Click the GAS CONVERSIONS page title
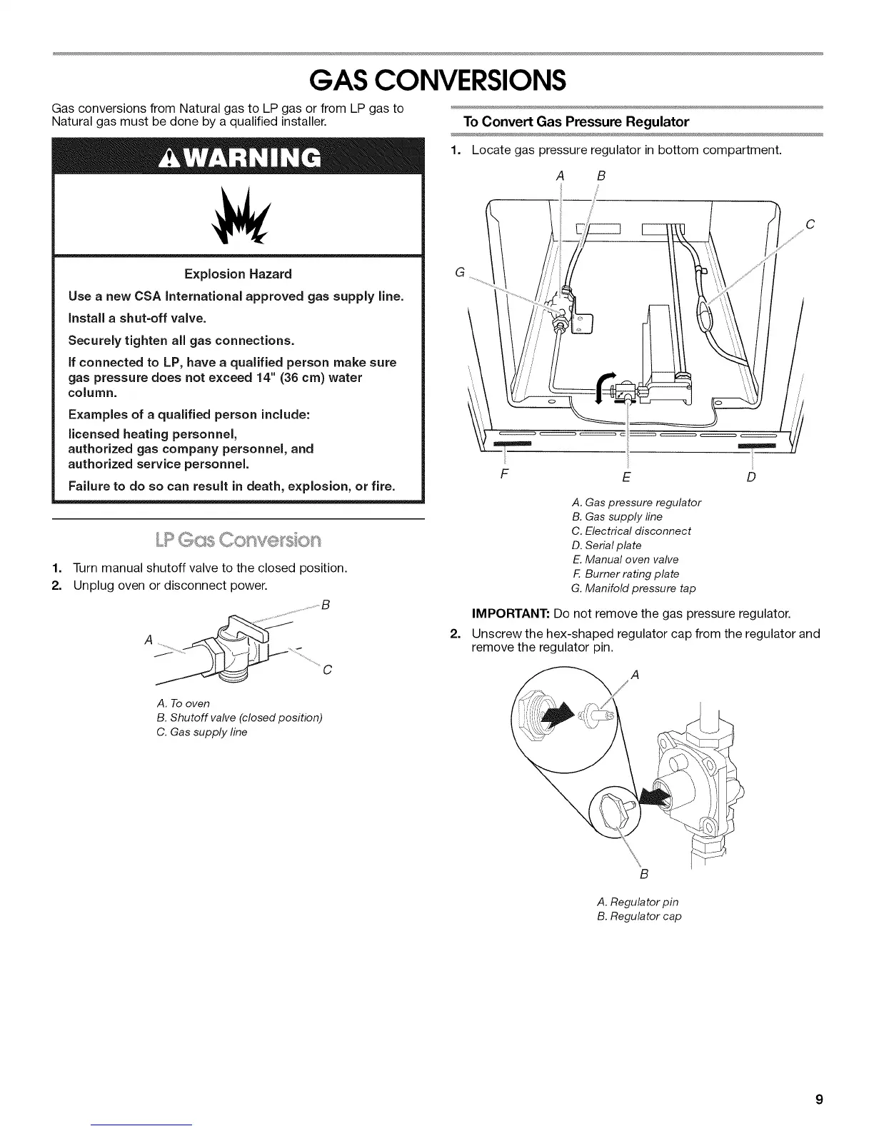(x=437, y=81)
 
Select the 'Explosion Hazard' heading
(x=238, y=274)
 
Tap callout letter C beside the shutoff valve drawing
(x=326, y=670)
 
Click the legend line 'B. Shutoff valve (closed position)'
(x=239, y=718)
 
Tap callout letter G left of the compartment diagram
(x=459, y=272)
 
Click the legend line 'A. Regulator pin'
(x=637, y=902)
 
